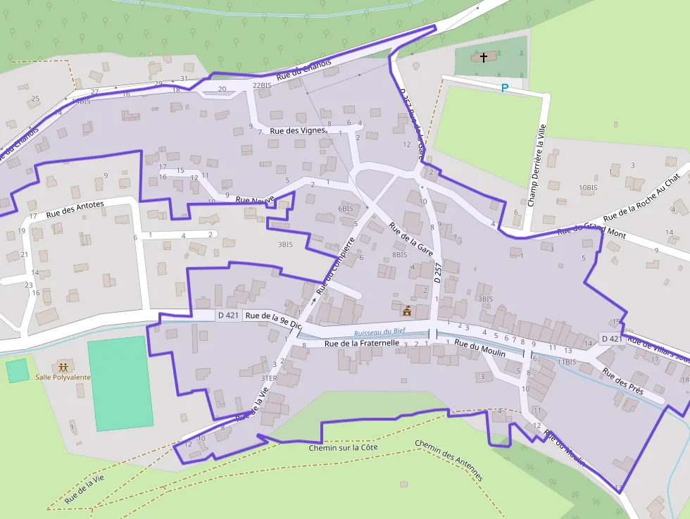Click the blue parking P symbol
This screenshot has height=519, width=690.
[x=504, y=88]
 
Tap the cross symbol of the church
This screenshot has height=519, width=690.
[x=484, y=56]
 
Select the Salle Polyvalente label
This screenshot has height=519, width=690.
[x=63, y=377]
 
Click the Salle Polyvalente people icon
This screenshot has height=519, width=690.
[x=63, y=366]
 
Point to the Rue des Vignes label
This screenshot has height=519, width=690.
[x=297, y=130]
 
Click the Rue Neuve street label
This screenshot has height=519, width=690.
[x=254, y=200]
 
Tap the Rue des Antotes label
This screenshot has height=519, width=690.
[x=75, y=208]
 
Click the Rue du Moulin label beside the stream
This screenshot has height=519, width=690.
[x=479, y=348]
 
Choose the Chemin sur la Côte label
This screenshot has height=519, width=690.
[x=343, y=447]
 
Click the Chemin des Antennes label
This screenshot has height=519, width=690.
[x=449, y=461]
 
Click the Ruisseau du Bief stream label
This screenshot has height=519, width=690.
[x=379, y=332]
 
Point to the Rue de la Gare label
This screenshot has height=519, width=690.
[x=410, y=238]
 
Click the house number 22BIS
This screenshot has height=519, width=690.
[x=261, y=86]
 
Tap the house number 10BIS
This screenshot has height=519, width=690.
[x=588, y=188]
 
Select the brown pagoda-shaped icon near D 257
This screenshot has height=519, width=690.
[x=406, y=310]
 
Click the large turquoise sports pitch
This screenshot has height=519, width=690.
[x=120, y=383]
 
